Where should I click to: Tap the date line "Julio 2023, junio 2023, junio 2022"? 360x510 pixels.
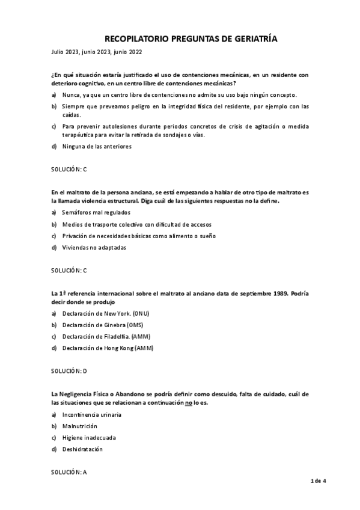tap(96, 53)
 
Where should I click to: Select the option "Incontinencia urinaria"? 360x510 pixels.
tap(91, 414)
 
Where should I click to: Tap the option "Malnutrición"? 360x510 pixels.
tap(79, 426)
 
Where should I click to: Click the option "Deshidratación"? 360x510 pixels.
tap(82, 449)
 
